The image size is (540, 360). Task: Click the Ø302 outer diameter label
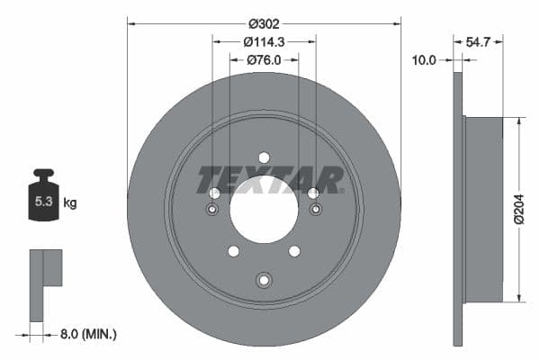click(x=264, y=22)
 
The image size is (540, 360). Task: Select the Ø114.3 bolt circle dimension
click(x=264, y=41)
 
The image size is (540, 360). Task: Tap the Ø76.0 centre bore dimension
click(x=264, y=60)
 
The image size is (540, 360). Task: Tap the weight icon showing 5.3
click(x=43, y=201)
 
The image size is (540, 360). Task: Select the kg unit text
click(x=69, y=203)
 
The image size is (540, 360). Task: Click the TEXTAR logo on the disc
click(x=270, y=179)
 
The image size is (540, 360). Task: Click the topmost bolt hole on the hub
click(x=264, y=157)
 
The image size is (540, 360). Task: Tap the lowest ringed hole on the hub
click(x=264, y=280)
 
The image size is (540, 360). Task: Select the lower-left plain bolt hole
click(x=233, y=251)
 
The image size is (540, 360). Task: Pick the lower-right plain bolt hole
click(x=294, y=251)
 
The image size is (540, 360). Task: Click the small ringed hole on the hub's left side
click(x=211, y=210)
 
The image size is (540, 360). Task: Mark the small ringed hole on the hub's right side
click(x=316, y=210)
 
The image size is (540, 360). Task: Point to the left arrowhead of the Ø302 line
click(x=130, y=22)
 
